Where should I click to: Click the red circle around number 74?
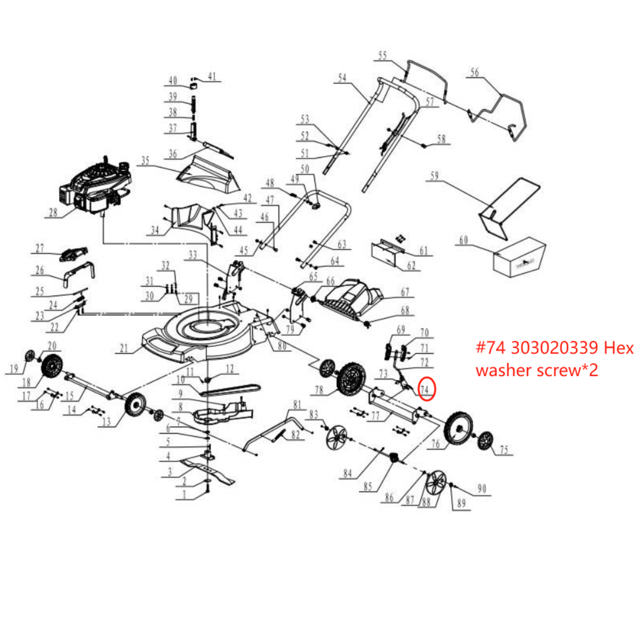coord(427,389)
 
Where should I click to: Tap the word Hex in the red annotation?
coord(619,348)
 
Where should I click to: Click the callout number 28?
coord(53,212)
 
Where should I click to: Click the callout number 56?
coord(474,73)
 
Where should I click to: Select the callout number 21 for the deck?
coord(124,349)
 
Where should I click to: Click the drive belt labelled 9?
coord(231,390)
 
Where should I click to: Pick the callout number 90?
coord(482,488)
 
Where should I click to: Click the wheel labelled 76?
coord(458,428)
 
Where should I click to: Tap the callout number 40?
coord(173,81)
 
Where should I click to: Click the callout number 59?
coord(434,175)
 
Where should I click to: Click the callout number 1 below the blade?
coord(184,495)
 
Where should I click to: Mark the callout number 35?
coord(145,161)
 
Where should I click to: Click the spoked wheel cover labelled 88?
coord(435,483)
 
